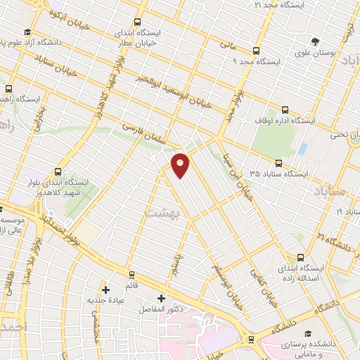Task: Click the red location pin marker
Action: click(x=181, y=165)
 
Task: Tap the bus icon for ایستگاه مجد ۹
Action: click(x=255, y=51)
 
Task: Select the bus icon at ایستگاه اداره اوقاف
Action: click(x=285, y=109)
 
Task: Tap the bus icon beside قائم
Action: click(x=131, y=274)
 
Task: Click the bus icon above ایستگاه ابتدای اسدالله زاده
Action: click(x=301, y=257)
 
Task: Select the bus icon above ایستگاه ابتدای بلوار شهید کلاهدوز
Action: click(x=57, y=171)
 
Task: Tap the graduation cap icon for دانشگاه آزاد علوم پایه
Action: click(x=27, y=32)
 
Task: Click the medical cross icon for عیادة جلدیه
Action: click(x=105, y=289)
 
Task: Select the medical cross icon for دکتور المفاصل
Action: click(x=162, y=298)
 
